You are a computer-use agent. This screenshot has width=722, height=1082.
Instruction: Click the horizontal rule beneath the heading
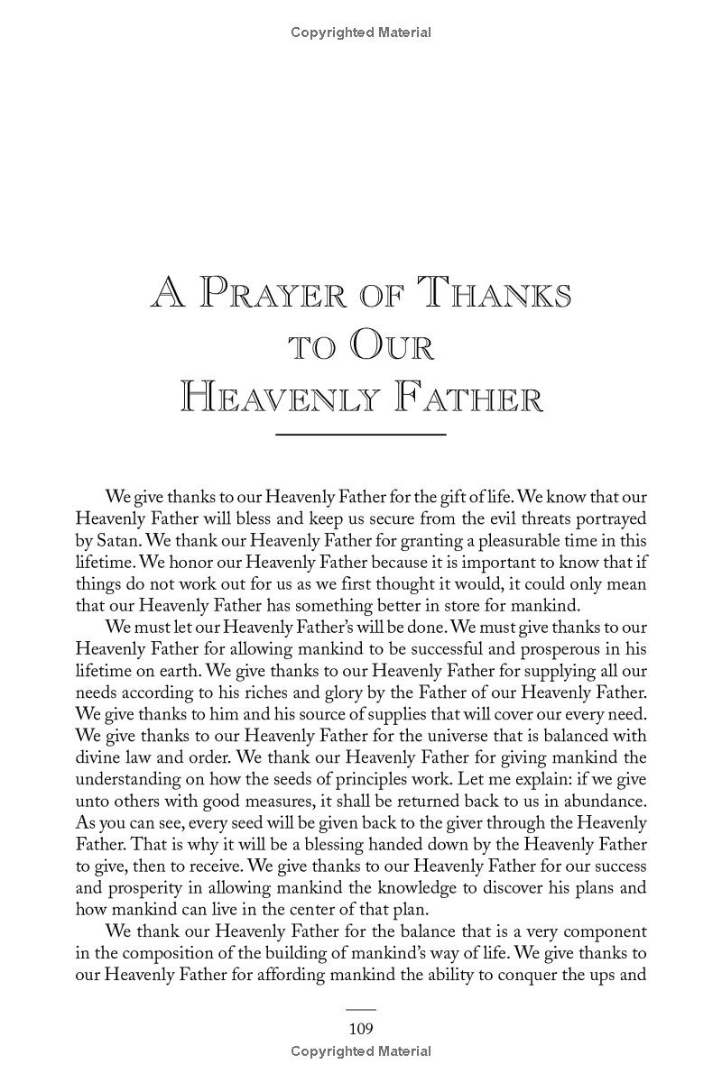[x=361, y=436]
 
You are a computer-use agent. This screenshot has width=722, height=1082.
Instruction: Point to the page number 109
[x=361, y=1029]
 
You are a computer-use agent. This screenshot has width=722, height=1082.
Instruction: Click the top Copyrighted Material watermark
[x=361, y=32]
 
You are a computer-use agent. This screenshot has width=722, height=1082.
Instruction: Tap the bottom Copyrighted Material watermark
[x=361, y=1051]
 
